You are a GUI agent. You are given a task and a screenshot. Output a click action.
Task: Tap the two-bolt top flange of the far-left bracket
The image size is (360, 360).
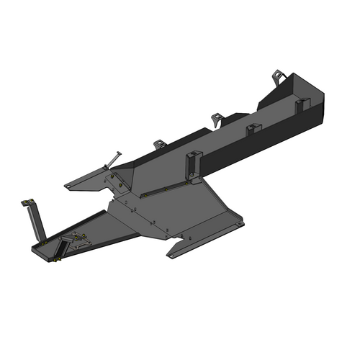[x=27, y=201]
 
